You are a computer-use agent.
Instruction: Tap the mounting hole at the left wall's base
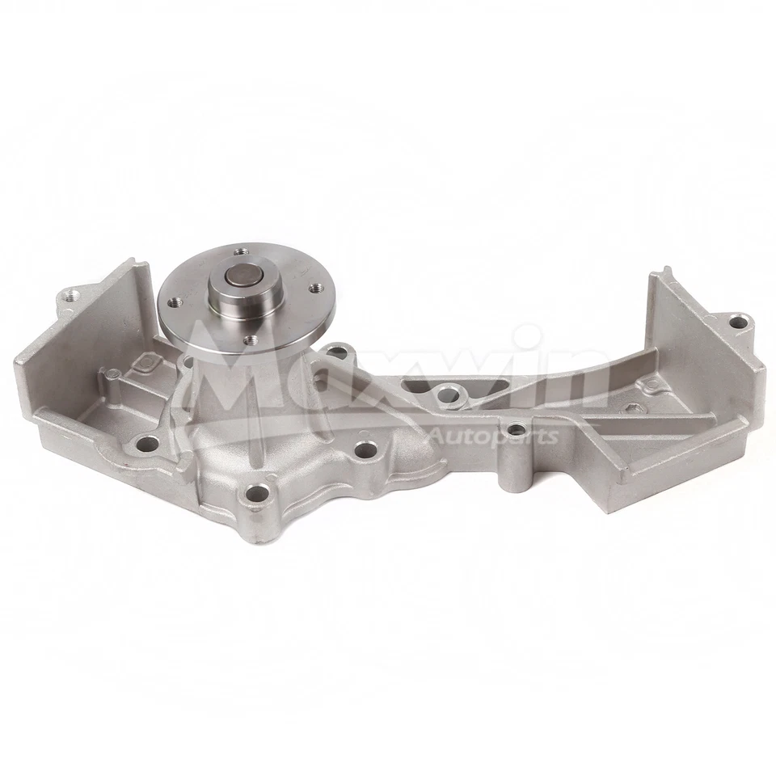tap(146, 443)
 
